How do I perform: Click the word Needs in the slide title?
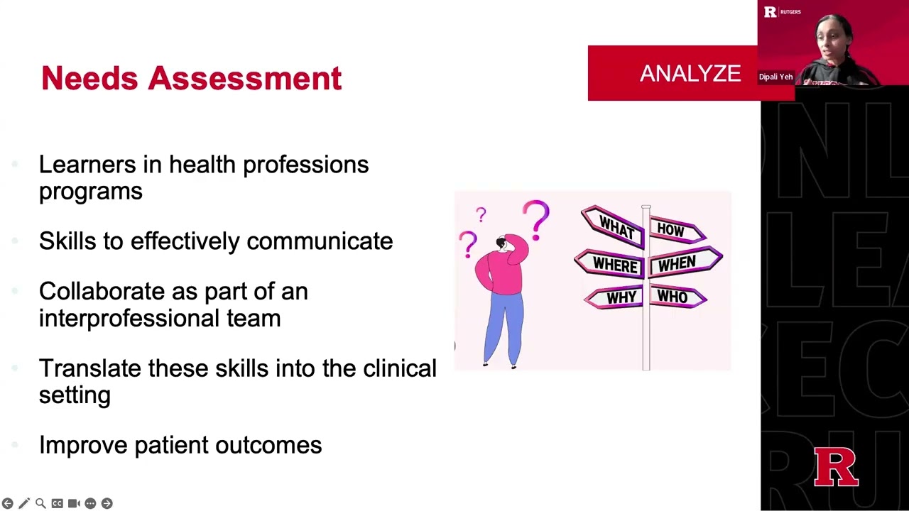point(89,78)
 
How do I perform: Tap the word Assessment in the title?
point(245,78)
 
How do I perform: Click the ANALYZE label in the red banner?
point(690,74)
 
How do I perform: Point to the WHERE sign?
point(612,265)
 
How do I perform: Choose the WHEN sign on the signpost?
point(680,263)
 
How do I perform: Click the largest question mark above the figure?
point(537,217)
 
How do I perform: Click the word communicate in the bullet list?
point(320,241)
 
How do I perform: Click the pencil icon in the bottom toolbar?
point(24,503)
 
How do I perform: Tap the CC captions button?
point(57,503)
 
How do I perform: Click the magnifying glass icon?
point(40,503)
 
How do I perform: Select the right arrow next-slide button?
point(107,503)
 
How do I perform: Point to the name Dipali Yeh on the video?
point(775,77)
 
